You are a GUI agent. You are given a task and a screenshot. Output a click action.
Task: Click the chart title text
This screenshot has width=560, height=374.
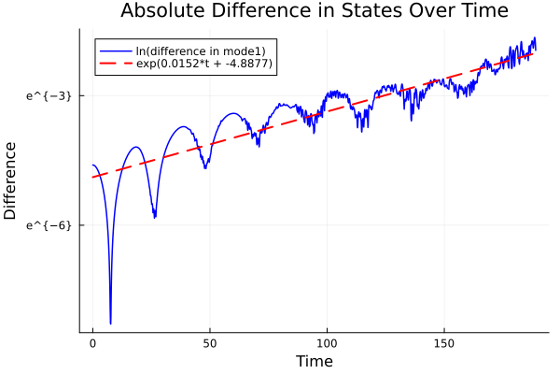click(314, 12)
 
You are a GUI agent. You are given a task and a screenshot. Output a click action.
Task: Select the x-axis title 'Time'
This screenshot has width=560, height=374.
click(314, 361)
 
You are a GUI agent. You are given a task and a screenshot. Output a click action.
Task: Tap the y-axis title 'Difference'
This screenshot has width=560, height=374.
click(11, 180)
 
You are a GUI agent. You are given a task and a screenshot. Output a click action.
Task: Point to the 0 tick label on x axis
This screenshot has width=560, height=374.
click(92, 342)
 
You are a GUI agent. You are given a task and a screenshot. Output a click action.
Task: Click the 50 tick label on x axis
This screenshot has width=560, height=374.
click(210, 342)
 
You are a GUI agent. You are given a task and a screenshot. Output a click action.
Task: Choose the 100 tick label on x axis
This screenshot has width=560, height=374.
click(327, 342)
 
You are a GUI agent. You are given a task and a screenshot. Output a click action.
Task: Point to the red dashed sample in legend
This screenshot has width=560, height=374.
click(116, 65)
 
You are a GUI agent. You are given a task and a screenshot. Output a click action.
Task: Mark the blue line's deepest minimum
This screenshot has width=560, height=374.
click(110, 324)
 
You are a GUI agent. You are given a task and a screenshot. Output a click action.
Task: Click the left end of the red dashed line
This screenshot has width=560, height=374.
click(92, 177)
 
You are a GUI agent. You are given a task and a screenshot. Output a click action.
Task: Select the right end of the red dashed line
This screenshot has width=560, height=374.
click(535, 51)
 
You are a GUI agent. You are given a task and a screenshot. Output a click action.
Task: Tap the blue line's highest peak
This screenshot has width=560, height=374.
click(534, 37)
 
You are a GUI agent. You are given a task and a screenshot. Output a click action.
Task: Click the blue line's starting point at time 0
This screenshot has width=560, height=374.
click(92, 165)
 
